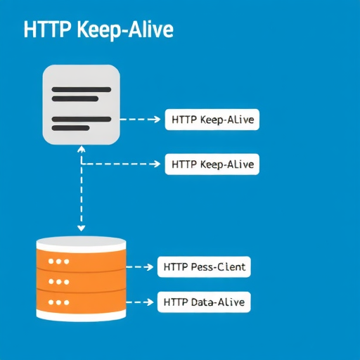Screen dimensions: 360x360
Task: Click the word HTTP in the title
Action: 47,30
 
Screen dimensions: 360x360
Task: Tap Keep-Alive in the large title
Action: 125,30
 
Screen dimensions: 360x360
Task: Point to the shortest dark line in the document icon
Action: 70,128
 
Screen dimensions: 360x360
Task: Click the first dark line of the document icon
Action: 82,89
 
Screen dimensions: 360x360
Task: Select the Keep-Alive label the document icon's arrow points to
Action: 212,120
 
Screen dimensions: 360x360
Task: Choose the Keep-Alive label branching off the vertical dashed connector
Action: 212,164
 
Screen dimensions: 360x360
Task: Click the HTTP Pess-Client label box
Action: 204,267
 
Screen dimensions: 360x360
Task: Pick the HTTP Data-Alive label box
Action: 204,302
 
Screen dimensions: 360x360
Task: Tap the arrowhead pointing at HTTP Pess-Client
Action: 149,267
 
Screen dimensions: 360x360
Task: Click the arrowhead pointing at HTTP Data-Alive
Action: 149,302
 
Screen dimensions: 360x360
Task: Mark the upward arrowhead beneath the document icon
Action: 82,148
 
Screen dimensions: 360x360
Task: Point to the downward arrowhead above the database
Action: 82,229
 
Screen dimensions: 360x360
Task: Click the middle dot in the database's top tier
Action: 59,262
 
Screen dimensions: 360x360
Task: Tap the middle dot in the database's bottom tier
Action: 59,302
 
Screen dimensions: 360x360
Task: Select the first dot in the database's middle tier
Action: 51,281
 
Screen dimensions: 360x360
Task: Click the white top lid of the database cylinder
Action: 82,244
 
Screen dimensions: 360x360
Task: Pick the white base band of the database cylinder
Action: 82,315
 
